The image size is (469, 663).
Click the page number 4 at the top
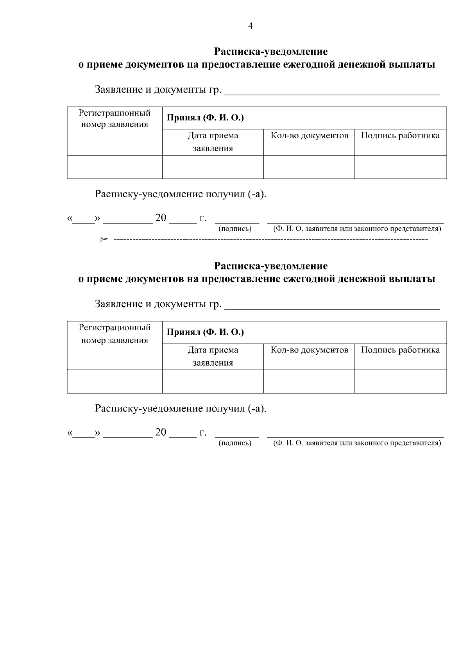[251, 26]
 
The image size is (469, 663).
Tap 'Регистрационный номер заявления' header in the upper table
[115, 119]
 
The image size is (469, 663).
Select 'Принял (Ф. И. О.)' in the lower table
[205, 332]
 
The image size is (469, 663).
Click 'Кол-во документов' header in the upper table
[309, 136]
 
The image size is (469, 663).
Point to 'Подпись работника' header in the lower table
[400, 350]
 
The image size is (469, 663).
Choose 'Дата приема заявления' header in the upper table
[213, 142]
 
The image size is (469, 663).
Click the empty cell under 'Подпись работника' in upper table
[400, 167]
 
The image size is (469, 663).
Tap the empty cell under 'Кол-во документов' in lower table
[309, 381]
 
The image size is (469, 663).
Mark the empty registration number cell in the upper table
[115, 167]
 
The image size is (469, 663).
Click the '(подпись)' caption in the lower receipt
[235, 443]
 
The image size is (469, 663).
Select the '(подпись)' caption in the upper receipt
[235, 229]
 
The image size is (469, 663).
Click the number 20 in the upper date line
[161, 218]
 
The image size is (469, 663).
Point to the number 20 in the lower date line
[161, 432]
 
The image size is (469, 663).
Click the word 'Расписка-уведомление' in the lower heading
[271, 266]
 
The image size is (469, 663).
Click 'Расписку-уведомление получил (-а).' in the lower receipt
[181, 409]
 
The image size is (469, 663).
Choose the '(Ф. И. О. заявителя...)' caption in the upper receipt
[357, 229]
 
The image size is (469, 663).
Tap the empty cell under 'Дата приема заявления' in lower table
[213, 381]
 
